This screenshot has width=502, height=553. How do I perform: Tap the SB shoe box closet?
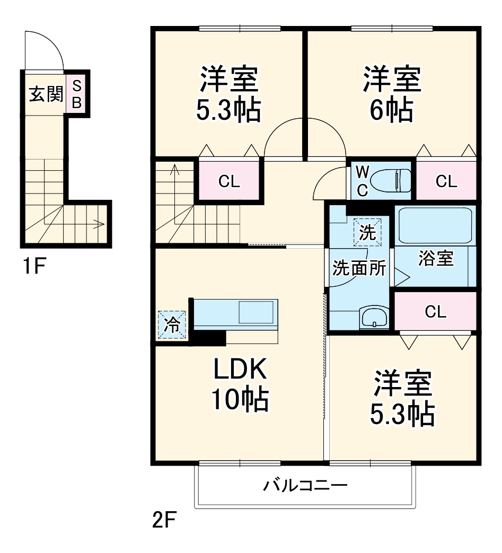(76, 94)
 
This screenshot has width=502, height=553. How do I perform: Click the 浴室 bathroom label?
(436, 259)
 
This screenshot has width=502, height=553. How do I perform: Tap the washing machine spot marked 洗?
(367, 232)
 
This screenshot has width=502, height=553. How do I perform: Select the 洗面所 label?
(359, 269)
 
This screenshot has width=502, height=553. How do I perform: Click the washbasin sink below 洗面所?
(374, 319)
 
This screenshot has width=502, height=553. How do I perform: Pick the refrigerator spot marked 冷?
(172, 324)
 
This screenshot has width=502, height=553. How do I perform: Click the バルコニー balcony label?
(305, 485)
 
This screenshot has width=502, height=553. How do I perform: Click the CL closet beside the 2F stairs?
(230, 182)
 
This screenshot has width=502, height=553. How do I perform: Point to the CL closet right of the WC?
(446, 182)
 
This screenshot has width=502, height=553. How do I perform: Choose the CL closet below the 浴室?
(436, 312)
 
